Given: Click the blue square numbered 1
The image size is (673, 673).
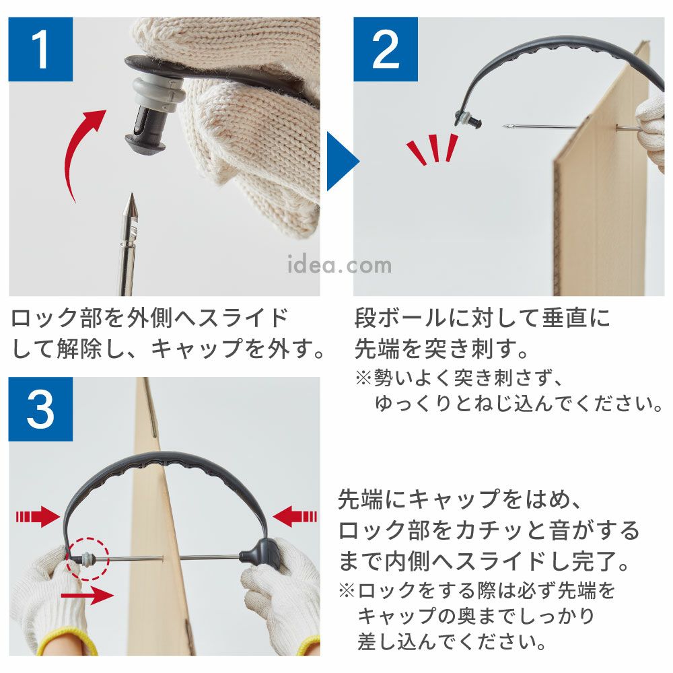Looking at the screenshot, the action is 41,49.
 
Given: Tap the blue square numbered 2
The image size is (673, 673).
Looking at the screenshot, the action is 386,49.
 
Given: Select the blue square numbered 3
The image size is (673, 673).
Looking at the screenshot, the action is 41,409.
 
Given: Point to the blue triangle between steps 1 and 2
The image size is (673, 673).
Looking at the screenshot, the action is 341,161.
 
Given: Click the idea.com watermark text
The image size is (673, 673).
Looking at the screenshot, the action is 339,264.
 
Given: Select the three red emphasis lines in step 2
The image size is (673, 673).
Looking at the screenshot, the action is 433,149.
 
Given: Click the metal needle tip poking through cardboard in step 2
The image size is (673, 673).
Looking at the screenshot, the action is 507,127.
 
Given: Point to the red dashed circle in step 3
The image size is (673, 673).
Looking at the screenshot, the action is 88,558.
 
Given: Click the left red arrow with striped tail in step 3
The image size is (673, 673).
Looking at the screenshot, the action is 38,516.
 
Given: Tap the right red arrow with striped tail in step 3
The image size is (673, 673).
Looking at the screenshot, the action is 295,516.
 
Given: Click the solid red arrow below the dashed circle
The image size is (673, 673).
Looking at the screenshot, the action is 87,596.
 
